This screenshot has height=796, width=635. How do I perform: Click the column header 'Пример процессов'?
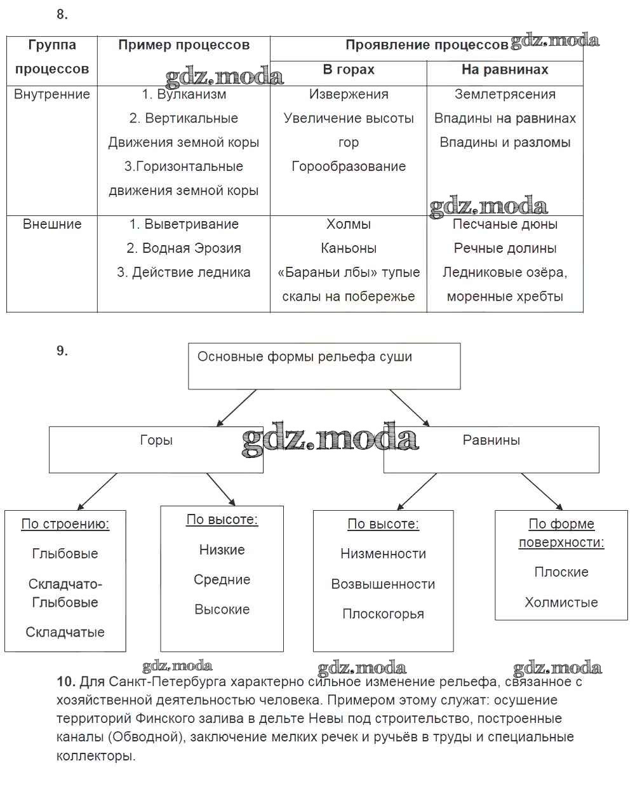point(184,46)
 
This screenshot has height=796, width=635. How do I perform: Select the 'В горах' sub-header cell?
point(349,70)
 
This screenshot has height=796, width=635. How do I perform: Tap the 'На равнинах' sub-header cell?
point(505,70)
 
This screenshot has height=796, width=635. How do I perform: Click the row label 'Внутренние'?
point(52,95)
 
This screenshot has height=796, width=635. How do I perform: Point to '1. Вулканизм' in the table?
point(184,95)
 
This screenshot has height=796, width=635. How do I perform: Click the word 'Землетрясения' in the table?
point(505,95)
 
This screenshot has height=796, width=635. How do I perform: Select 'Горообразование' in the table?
point(349,166)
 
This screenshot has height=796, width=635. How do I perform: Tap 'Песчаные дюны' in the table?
point(505,224)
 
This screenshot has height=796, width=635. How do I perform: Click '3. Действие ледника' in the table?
point(184,273)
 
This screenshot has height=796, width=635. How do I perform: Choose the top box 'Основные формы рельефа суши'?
point(305,357)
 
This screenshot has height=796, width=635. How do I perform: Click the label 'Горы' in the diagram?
point(156,440)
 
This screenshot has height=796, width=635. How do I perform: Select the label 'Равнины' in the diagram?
point(491,440)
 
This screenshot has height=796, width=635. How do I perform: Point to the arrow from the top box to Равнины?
point(410,407)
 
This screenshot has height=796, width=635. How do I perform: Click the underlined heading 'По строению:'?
point(65,524)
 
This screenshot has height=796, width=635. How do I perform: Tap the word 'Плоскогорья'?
point(383,614)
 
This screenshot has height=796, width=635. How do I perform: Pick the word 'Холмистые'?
point(561,602)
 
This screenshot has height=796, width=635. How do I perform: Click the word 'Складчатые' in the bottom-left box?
point(65,632)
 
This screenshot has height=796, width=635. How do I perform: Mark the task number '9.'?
point(62,351)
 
